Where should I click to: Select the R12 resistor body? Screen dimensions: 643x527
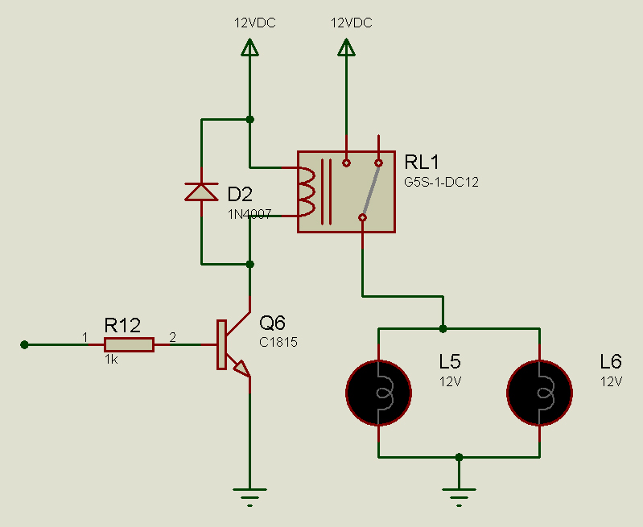(x=130, y=345)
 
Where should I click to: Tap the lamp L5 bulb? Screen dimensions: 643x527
(x=378, y=393)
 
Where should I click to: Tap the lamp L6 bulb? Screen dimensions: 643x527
(x=540, y=393)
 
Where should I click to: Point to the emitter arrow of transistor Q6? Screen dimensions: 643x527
(x=241, y=368)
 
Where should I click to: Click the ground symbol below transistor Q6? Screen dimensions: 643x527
(x=249, y=497)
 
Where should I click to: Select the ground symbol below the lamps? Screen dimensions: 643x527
(x=459, y=497)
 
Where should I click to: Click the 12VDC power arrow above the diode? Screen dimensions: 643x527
(x=249, y=47)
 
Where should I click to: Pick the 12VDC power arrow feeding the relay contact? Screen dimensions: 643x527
(x=347, y=47)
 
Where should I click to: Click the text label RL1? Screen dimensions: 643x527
(x=422, y=162)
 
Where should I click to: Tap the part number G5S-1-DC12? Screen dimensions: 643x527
(x=441, y=182)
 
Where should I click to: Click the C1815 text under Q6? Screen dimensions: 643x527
(x=278, y=342)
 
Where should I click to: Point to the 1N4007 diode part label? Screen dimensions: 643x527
(x=249, y=214)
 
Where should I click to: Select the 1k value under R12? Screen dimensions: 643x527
(x=111, y=360)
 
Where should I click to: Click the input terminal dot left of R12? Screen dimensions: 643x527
(x=25, y=345)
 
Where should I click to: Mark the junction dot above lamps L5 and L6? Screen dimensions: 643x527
(x=443, y=328)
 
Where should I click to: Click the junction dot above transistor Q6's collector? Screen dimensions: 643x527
(x=249, y=264)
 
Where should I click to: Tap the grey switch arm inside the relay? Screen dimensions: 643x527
(x=371, y=190)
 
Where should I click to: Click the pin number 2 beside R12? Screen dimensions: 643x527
(x=173, y=337)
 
